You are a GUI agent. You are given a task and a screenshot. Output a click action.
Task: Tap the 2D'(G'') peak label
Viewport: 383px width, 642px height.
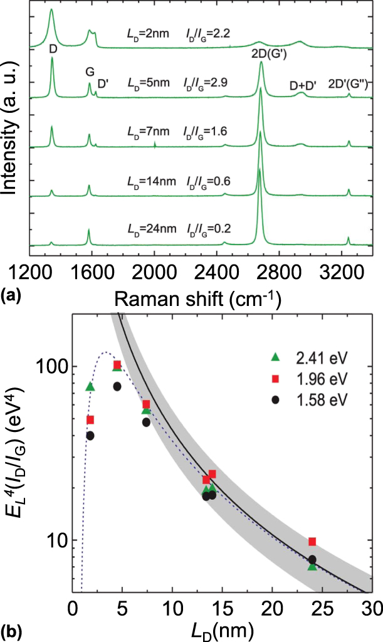coord(352,86)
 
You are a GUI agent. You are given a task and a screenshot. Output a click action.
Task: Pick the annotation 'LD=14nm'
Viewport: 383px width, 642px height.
coord(147,181)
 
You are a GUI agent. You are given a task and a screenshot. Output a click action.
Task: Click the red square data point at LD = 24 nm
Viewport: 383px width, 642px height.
coord(312,541)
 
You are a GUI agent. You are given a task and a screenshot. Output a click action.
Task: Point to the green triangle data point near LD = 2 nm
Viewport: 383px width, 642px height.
coord(90,387)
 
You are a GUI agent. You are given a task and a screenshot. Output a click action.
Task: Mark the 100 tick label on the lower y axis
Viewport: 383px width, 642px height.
coord(52,366)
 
